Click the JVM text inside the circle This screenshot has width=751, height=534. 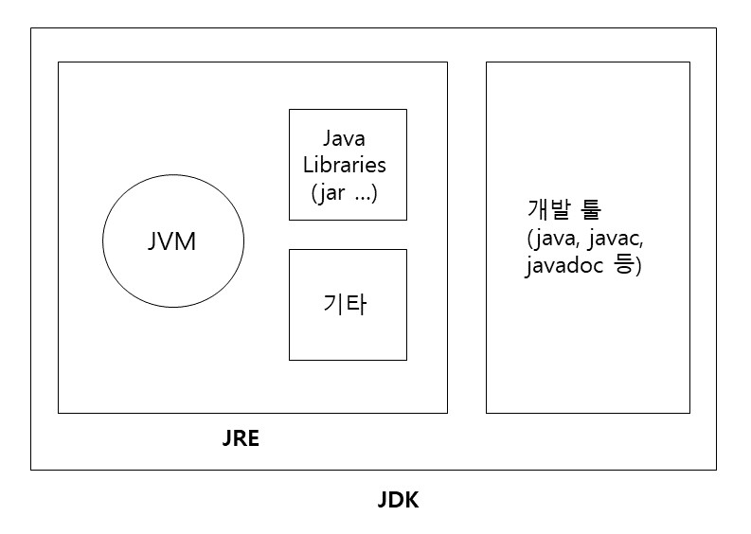click(x=171, y=241)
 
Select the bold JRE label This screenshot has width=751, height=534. click(x=241, y=439)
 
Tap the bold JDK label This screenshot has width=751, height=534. click(x=398, y=500)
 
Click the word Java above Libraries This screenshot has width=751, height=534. click(x=345, y=139)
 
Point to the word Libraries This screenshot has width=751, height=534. click(x=345, y=165)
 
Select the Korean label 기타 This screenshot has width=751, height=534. click(x=345, y=305)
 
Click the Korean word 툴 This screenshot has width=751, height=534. click(x=592, y=208)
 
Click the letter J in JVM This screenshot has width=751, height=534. click(x=152, y=241)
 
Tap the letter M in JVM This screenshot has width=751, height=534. click(x=188, y=241)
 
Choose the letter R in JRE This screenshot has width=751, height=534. click(x=241, y=439)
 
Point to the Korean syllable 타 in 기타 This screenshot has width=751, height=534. click(x=356, y=305)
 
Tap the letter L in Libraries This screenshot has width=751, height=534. click(x=308, y=165)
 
